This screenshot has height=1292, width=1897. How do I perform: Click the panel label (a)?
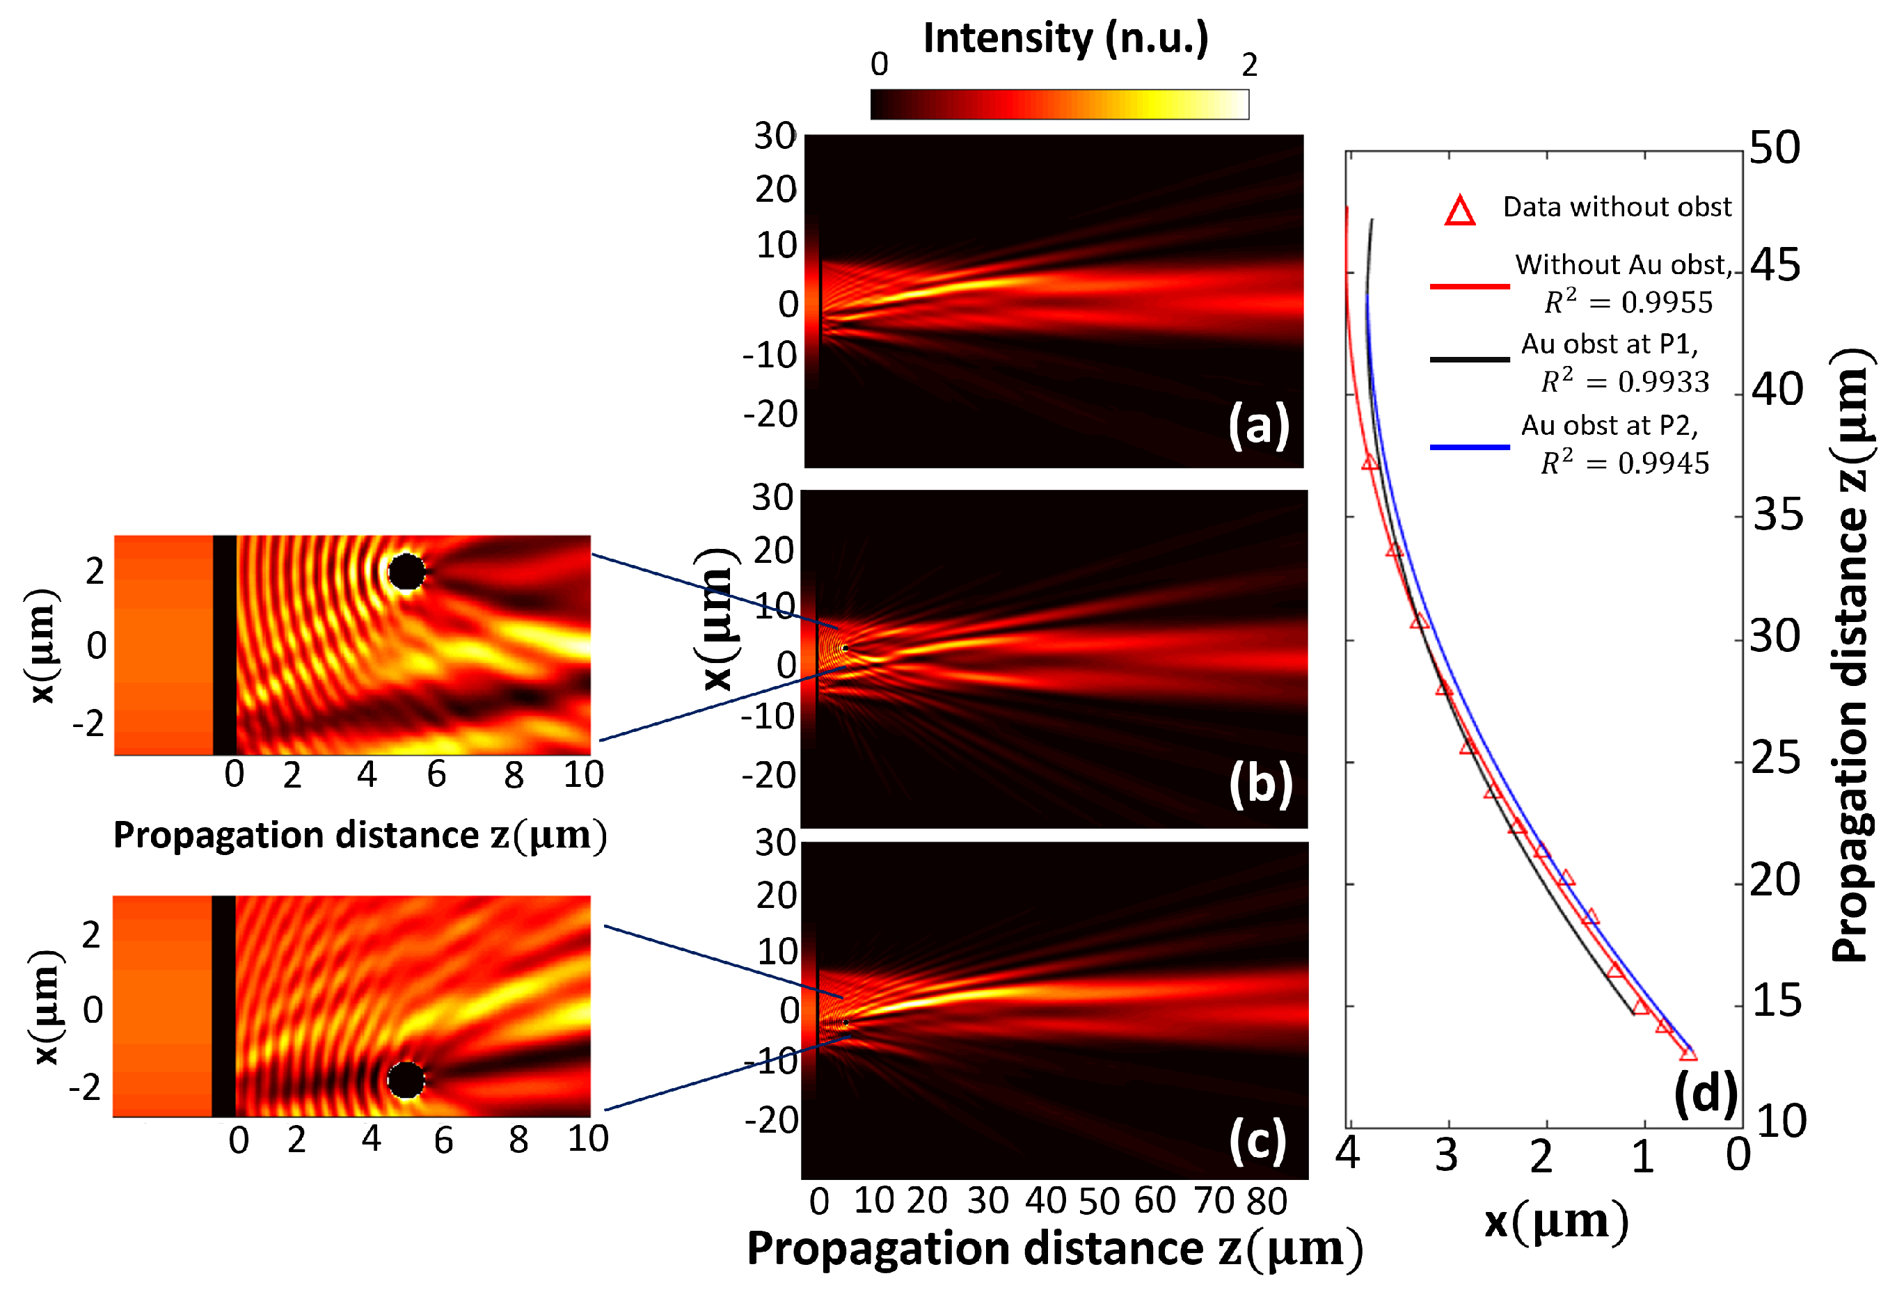tap(1259, 425)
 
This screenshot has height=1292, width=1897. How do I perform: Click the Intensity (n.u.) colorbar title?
tap(1065, 38)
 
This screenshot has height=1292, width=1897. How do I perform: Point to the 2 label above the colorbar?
tap(1249, 65)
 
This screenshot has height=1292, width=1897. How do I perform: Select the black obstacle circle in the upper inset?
tap(406, 572)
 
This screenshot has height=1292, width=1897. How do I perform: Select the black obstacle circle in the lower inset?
tap(406, 1080)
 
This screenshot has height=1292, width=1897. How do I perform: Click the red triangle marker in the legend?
tap(1459, 212)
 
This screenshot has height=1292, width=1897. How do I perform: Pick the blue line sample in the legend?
tap(1469, 447)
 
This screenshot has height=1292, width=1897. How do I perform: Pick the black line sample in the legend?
tap(1469, 359)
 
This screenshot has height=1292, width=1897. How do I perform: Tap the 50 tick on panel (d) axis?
tap(1775, 149)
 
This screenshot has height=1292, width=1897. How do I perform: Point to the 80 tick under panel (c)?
tap(1266, 1202)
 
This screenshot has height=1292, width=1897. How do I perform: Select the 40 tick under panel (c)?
tap(1046, 1202)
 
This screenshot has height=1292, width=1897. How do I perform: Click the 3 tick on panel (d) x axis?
tap(1447, 1156)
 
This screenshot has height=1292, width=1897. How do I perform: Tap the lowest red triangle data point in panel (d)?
tap(1688, 1053)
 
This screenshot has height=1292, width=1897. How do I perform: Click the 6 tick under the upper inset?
tap(437, 774)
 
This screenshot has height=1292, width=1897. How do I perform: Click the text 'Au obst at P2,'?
tap(1609, 425)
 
